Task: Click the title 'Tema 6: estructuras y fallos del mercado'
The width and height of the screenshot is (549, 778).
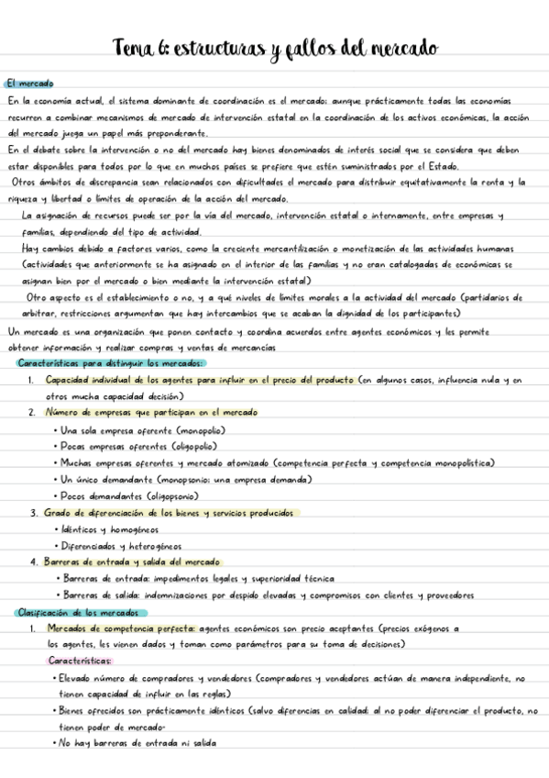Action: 274,47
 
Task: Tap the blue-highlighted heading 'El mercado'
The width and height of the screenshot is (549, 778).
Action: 29,83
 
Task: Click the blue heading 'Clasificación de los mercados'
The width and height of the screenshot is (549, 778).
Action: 76,612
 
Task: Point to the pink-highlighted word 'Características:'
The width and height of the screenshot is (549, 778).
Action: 80,661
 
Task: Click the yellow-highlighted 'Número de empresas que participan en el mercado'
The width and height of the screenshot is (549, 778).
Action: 151,413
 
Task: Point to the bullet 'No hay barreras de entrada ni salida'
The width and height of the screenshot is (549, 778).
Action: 139,744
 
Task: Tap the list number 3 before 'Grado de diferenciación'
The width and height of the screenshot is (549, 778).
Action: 33,513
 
